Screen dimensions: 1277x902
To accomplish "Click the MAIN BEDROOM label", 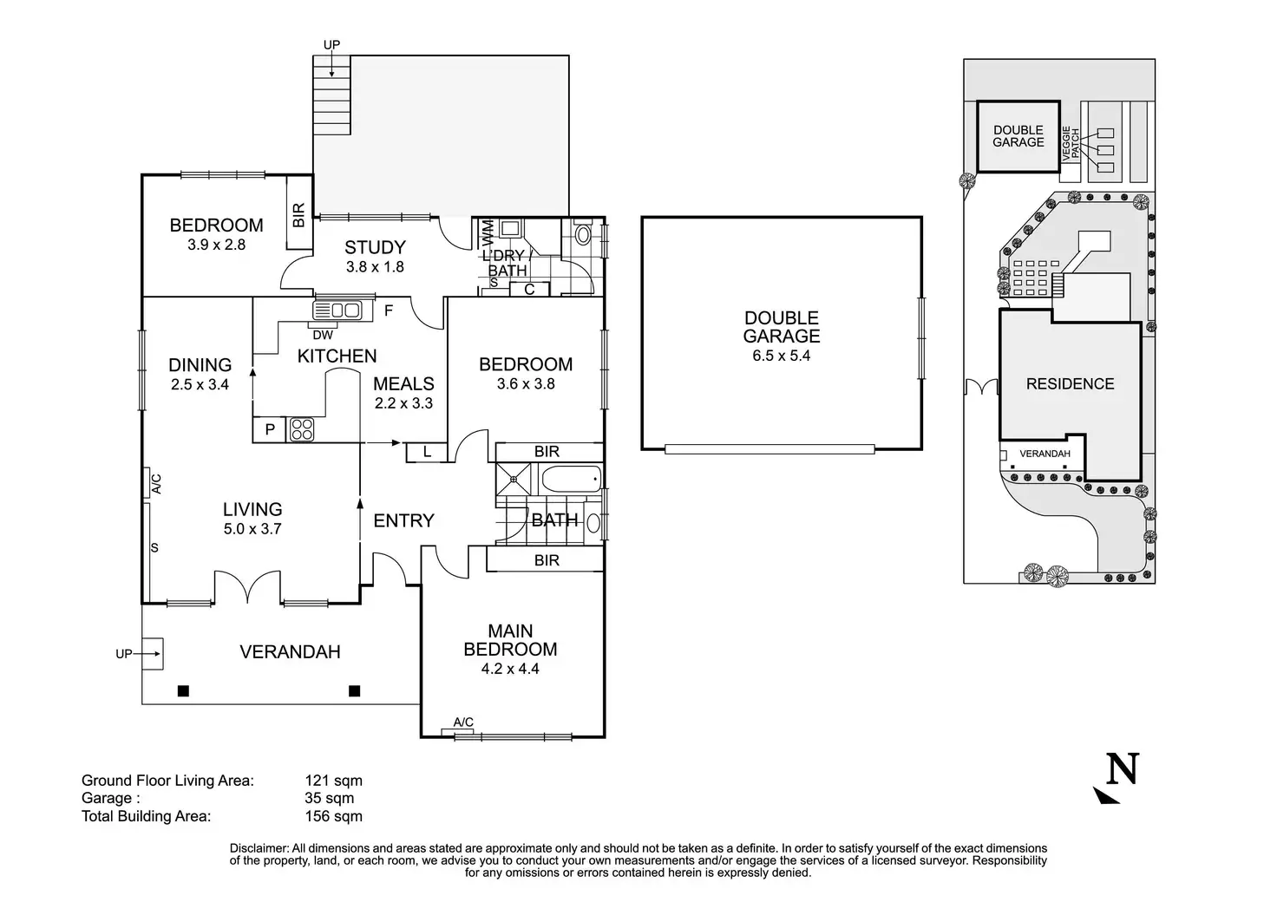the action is click(x=510, y=640).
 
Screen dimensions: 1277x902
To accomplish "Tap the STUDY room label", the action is click(x=375, y=247).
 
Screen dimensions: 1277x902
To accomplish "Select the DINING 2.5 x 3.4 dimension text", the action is click(x=200, y=384).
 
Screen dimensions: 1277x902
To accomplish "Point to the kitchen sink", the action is click(x=337, y=309).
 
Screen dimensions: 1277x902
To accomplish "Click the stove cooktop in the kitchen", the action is click(x=300, y=429).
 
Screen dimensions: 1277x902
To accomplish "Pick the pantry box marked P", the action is click(x=270, y=430).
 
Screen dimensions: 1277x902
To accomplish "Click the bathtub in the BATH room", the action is click(x=571, y=478).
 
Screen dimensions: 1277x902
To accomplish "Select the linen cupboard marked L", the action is click(x=427, y=452).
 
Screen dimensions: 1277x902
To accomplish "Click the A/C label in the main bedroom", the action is click(x=463, y=722).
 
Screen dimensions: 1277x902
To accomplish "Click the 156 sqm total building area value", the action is click(x=333, y=816).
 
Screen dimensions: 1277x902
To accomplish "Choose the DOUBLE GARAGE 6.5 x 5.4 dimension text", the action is click(x=781, y=356).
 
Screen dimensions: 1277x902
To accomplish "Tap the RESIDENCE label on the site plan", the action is click(x=1070, y=383).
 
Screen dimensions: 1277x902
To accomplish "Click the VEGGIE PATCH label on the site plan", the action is click(x=1071, y=142).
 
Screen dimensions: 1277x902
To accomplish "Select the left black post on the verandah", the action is click(x=183, y=691).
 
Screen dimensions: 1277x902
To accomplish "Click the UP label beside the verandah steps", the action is click(x=124, y=654).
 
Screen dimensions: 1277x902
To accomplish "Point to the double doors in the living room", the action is click(x=248, y=587).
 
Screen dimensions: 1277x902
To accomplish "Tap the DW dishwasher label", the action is click(x=322, y=335).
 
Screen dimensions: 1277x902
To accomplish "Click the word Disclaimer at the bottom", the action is click(x=259, y=848).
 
